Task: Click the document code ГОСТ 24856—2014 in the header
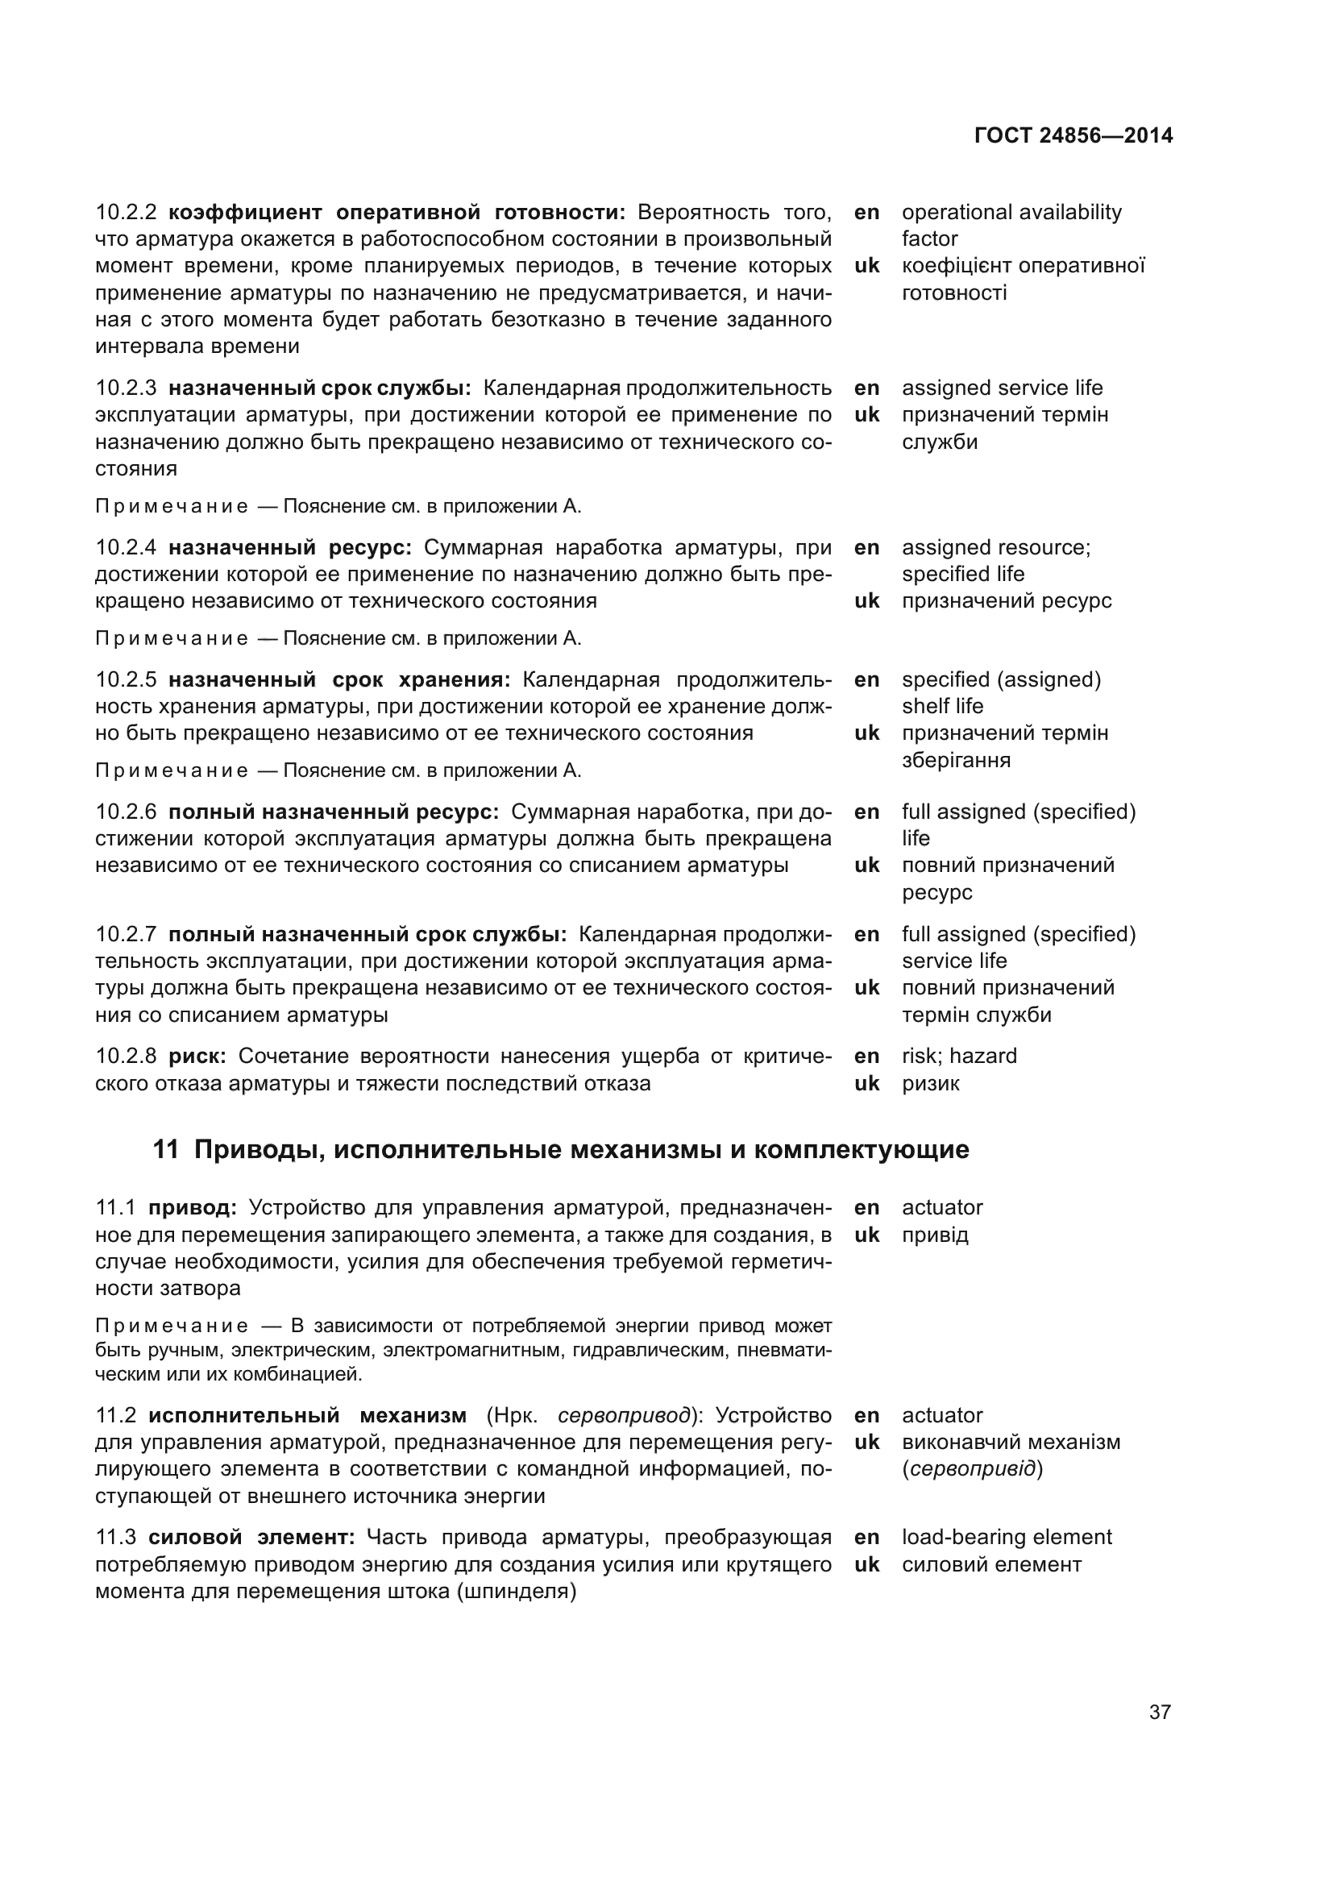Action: pos(1073,135)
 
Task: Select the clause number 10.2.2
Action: pos(126,212)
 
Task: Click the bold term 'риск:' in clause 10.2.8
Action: pos(197,1056)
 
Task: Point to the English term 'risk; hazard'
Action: pos(959,1056)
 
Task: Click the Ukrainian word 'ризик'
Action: pos(930,1083)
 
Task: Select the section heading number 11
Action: pos(165,1149)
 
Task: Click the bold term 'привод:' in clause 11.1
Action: pos(192,1207)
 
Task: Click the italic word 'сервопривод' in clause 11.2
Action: pos(624,1415)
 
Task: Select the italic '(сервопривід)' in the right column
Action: pos(972,1469)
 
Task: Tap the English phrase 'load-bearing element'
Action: pos(1007,1537)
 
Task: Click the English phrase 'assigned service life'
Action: pos(1002,388)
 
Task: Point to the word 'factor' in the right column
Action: pos(929,239)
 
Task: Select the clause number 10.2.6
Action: pos(126,812)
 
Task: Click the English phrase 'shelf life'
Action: pos(941,706)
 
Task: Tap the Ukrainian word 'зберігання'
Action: pos(956,759)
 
